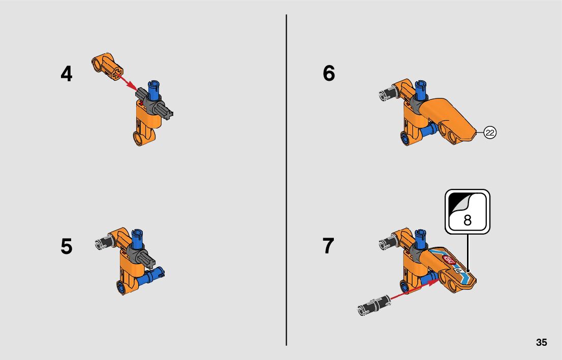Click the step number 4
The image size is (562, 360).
tap(66, 74)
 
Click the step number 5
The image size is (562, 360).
tap(66, 246)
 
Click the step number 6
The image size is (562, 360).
tap(329, 73)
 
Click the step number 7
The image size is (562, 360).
tap(328, 246)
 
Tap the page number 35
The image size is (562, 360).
tap(541, 342)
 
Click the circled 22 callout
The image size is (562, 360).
tap(490, 133)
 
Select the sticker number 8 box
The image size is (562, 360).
tap(467, 212)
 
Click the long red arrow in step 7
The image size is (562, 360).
tap(415, 289)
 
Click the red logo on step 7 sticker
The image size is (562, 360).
tap(449, 259)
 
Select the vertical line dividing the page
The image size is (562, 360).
tap(287, 180)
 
